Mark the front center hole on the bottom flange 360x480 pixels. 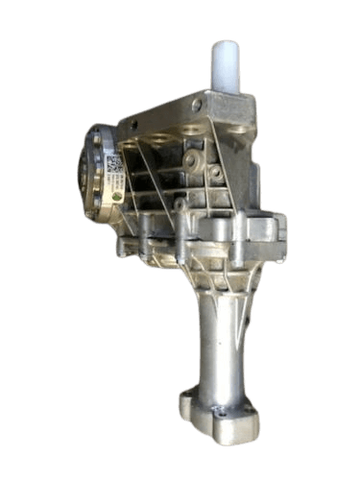pyautogui.click(x=222, y=412)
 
